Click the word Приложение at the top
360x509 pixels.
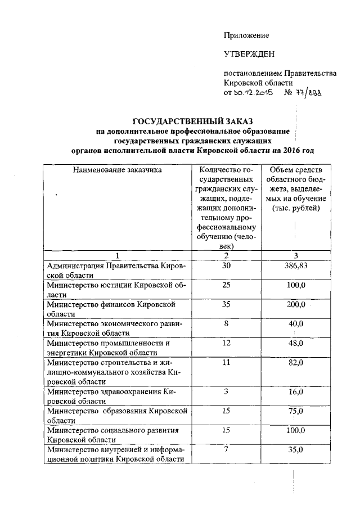246,35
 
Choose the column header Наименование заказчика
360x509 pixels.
118,169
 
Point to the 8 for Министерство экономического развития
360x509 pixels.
226,323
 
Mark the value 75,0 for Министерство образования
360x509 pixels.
295,411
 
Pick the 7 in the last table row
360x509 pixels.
226,449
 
